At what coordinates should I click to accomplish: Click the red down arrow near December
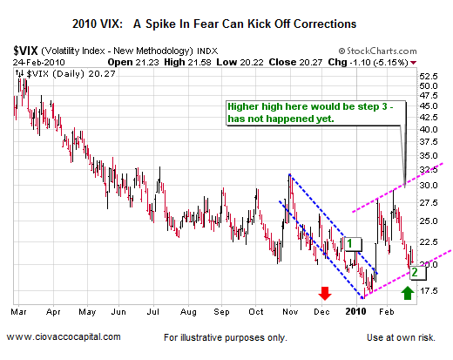click(324, 293)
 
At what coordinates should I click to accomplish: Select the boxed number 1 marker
click(352, 244)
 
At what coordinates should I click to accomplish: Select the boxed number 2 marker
click(417, 271)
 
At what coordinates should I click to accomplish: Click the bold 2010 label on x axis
click(355, 309)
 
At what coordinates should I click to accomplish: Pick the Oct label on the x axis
click(255, 309)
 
